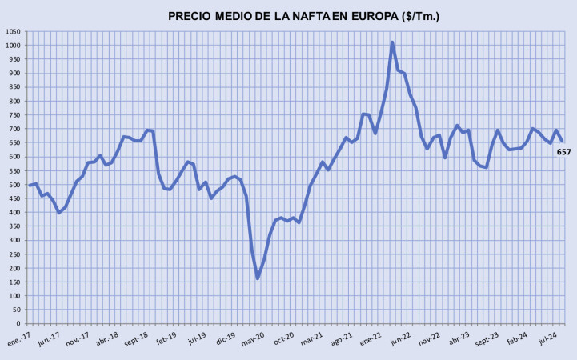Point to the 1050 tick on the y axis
point(14,31)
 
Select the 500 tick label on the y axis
point(16,185)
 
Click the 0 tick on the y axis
point(20,324)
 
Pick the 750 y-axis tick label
point(16,115)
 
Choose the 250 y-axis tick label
point(16,254)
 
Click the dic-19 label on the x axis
point(226,337)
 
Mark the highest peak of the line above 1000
point(392,42)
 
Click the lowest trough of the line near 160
point(258,278)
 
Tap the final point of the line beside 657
point(562,141)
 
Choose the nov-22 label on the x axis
point(431,337)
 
